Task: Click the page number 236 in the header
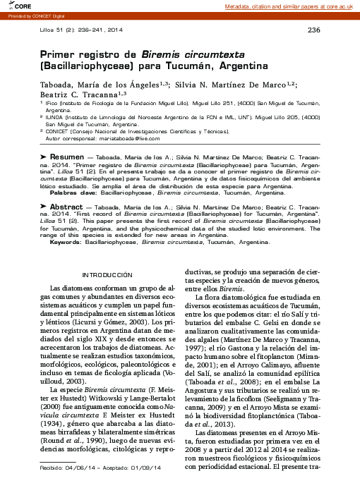314,30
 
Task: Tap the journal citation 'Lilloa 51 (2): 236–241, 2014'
81,30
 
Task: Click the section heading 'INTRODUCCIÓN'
108,274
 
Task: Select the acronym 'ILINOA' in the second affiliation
56,117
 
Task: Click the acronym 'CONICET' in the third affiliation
59,131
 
